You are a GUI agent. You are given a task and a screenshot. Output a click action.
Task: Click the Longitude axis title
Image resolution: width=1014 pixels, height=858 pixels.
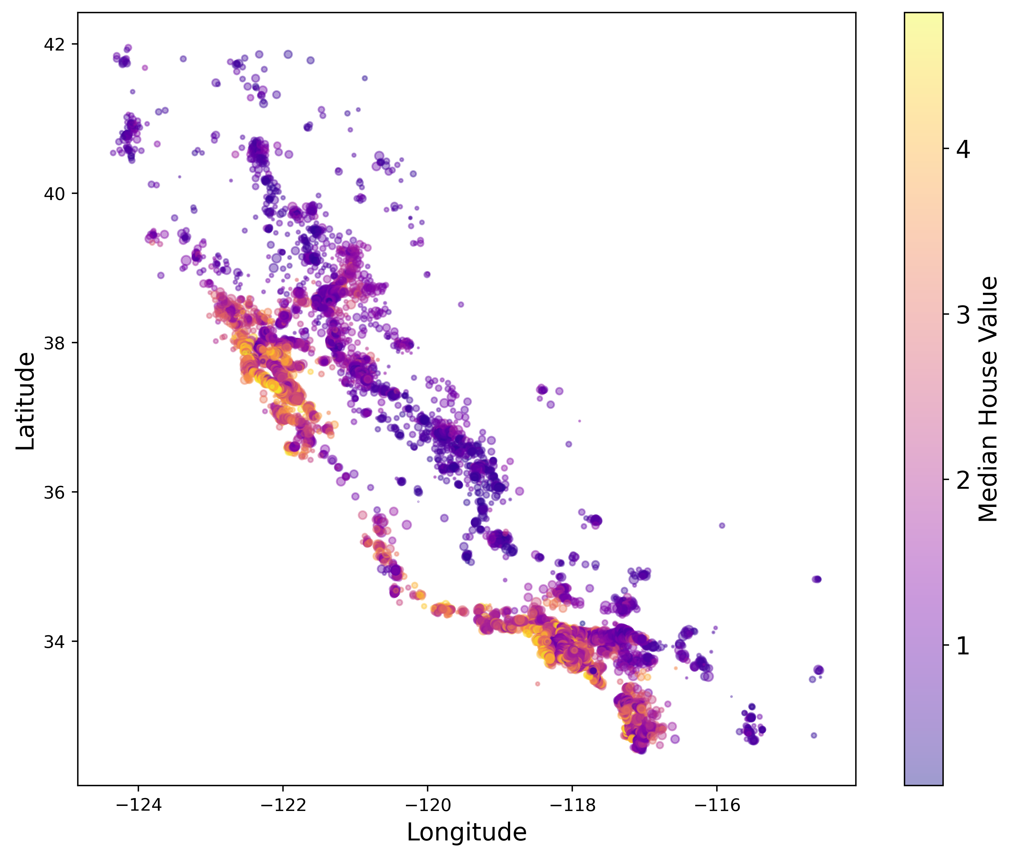point(467,832)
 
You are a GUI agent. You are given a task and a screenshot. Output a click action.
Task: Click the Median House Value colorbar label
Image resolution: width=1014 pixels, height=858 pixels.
point(987,399)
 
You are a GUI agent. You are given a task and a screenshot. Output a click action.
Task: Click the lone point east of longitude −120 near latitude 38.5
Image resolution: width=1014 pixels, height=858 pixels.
point(461,305)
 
